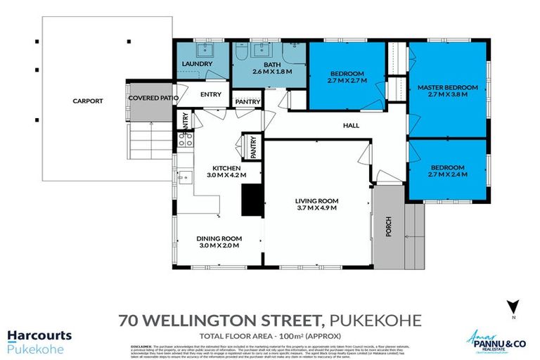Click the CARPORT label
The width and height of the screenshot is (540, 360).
click(88, 101)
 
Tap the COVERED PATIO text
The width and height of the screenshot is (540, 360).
click(153, 98)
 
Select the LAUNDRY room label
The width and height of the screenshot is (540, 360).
click(197, 65)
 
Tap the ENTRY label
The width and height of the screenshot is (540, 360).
click(210, 94)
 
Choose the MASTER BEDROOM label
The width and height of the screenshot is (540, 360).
click(447, 88)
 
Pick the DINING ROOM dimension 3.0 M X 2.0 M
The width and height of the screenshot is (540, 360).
click(218, 246)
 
